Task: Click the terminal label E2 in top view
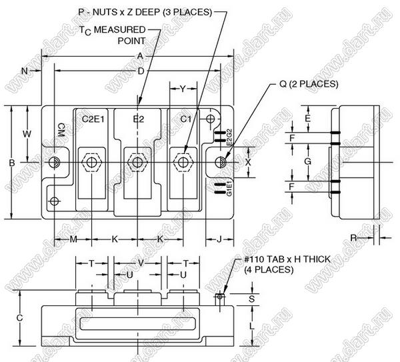click(139, 119)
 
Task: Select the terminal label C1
click(187, 119)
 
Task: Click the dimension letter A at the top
click(139, 57)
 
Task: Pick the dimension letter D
click(141, 71)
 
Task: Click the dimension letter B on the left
click(12, 162)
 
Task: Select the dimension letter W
click(27, 134)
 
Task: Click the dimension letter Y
click(182, 87)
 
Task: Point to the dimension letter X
click(248, 162)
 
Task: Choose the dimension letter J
click(219, 239)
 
